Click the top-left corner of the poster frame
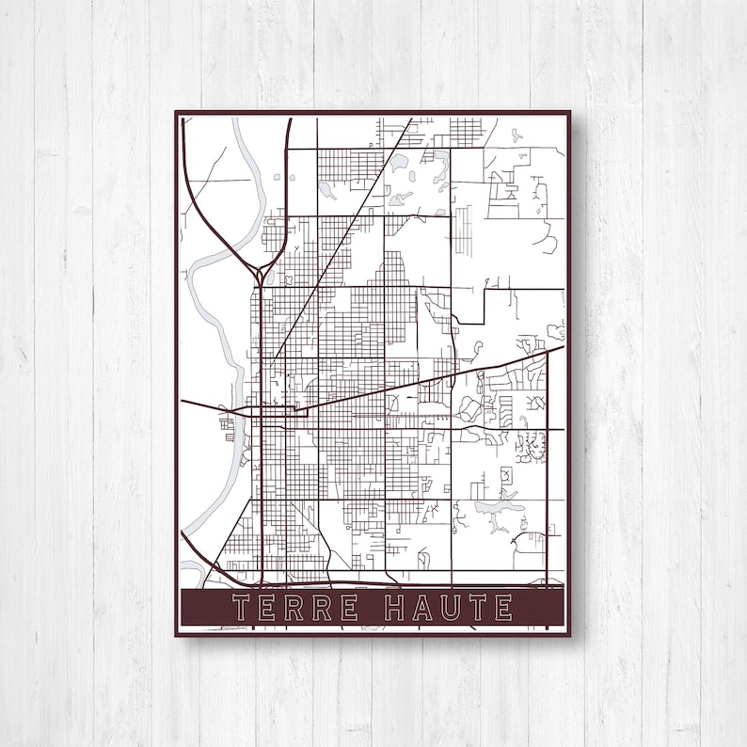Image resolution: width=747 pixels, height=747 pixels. pyautogui.click(x=176, y=112)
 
